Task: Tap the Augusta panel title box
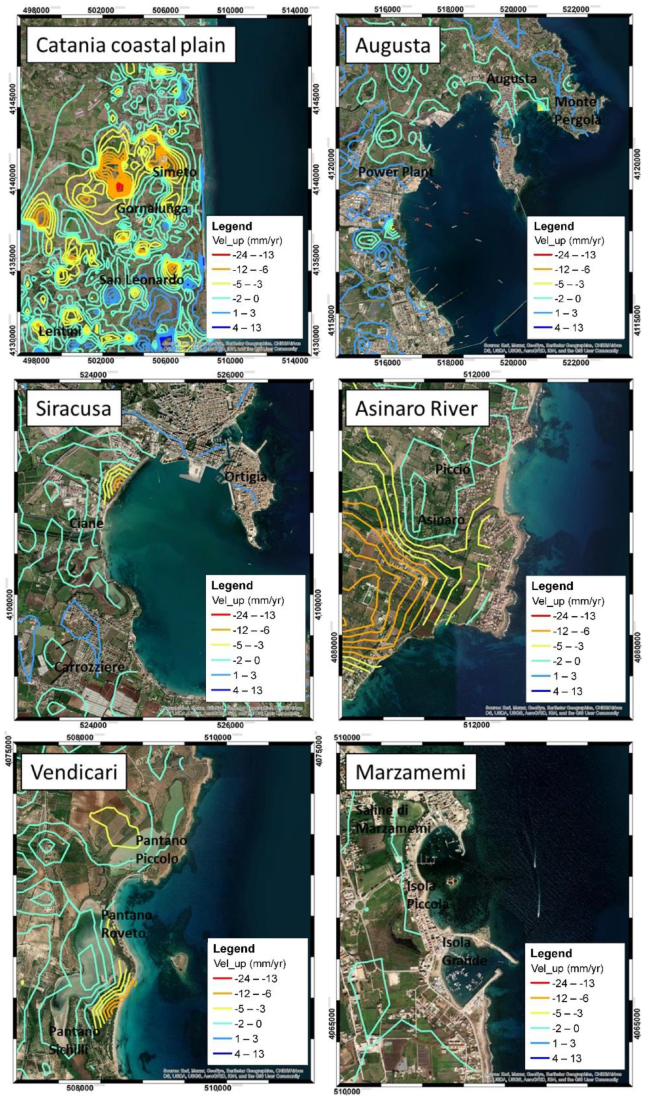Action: click(x=393, y=45)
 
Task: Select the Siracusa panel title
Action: click(x=74, y=409)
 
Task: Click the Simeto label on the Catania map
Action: click(x=174, y=172)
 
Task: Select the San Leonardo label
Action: click(x=142, y=280)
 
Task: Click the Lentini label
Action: click(x=60, y=332)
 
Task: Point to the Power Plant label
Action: click(x=396, y=172)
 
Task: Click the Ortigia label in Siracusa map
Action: click(x=246, y=477)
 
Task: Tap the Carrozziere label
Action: click(x=90, y=667)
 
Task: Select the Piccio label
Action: click(x=452, y=469)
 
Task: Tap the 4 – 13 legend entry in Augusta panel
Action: click(x=569, y=328)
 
